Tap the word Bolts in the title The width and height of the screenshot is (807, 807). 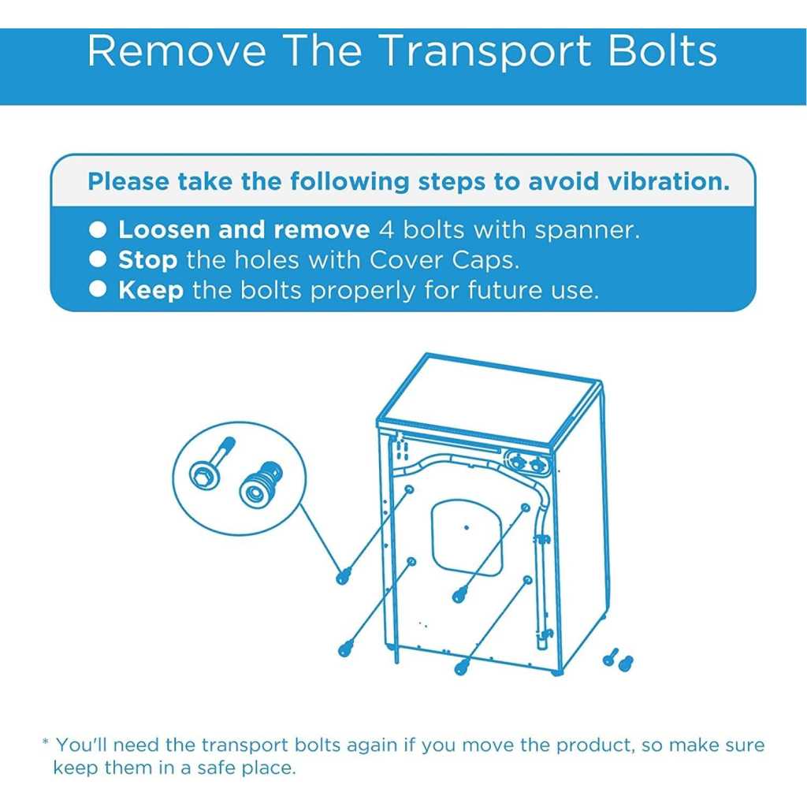click(x=662, y=50)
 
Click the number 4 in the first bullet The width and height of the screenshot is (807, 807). click(x=386, y=229)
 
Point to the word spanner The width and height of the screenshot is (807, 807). click(x=586, y=231)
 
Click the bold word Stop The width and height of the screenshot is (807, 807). click(x=147, y=261)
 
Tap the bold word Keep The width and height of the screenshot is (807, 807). click(x=151, y=290)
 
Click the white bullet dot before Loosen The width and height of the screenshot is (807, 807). click(x=98, y=229)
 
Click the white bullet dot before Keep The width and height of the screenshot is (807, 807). click(x=98, y=289)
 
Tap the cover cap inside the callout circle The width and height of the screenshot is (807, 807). click(x=260, y=485)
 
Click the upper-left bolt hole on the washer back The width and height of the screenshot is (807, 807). click(x=410, y=489)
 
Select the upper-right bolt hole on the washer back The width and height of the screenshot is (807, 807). click(x=526, y=508)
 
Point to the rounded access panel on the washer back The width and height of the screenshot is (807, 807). click(x=467, y=537)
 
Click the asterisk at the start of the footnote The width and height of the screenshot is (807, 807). click(x=46, y=742)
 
